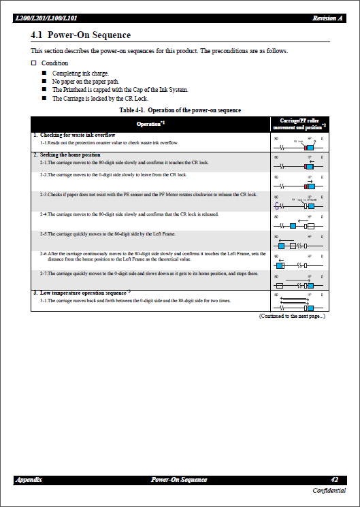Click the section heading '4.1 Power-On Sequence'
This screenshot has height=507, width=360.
tap(80, 35)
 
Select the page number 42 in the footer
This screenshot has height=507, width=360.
tap(334, 480)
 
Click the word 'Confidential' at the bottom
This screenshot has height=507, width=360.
tap(329, 491)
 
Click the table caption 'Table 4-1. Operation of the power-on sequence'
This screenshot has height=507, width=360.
tap(180, 110)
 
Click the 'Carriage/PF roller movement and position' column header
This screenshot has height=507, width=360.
tap(299, 123)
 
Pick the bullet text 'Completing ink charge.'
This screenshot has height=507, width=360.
tap(80, 73)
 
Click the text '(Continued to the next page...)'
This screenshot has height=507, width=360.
tap(292, 316)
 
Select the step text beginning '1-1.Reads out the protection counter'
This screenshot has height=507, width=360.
tap(108, 143)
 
